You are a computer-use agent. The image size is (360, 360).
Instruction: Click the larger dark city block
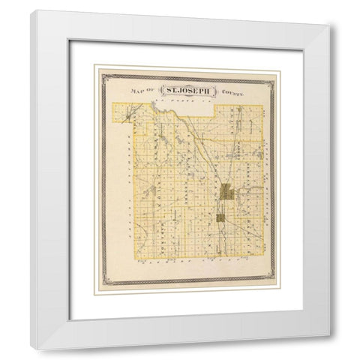pos(227,193)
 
